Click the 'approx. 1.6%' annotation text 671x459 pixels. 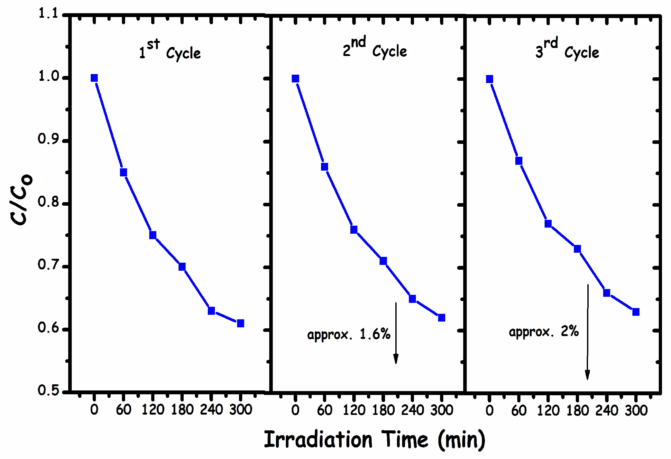pos(349,335)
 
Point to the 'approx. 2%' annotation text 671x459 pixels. pos(544,332)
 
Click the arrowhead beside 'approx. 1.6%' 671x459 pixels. pos(396,359)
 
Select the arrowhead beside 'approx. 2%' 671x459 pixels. pos(587,375)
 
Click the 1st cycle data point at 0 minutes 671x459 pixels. pos(94,78)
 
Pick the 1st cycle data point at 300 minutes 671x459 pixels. pos(241,323)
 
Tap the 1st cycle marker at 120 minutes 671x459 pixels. pos(153,235)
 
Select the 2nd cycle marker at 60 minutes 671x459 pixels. pos(325,167)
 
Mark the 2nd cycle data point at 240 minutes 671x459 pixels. pos(412,299)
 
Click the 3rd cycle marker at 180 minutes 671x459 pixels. pos(577,249)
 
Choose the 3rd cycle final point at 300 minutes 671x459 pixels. pos(636,312)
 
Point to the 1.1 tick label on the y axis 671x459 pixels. pos(48,14)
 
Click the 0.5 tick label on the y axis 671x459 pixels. pos(48,390)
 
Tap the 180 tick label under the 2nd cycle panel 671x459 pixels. pos(383,410)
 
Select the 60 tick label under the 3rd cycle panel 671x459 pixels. pos(519,411)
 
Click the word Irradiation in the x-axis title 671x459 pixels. pos(318,440)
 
